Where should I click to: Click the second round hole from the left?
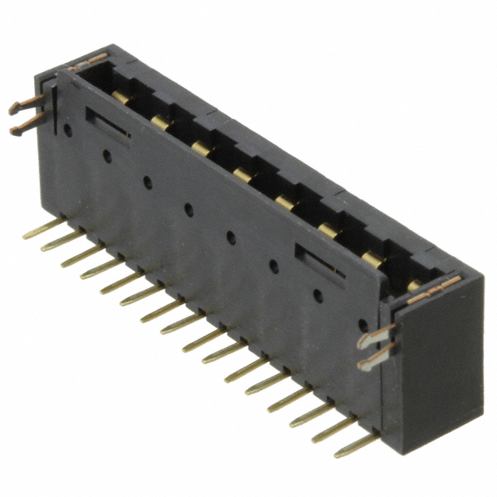point(106,156)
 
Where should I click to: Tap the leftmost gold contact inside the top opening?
point(120,96)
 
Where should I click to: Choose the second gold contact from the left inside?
point(162,120)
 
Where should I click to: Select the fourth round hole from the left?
point(188,208)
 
